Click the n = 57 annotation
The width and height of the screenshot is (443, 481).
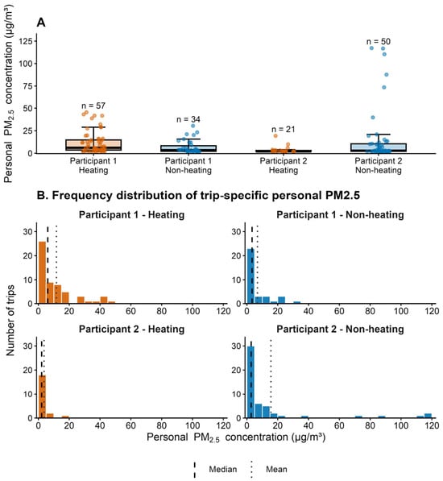[93, 106]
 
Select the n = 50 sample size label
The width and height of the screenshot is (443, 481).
[379, 41]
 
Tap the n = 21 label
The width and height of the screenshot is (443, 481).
[284, 130]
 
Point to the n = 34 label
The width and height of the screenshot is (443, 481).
[188, 119]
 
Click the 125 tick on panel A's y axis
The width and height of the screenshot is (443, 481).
[26, 41]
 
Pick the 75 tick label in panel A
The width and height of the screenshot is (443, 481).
[28, 86]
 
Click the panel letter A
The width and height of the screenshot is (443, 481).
[41, 23]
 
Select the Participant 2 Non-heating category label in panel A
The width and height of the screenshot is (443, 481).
[379, 165]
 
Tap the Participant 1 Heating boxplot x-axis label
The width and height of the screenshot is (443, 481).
[93, 165]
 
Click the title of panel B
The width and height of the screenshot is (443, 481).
[198, 196]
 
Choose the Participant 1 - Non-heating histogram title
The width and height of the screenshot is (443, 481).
[340, 215]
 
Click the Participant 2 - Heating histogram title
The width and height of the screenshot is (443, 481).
[131, 330]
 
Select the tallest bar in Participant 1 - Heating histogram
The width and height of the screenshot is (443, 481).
[42, 272]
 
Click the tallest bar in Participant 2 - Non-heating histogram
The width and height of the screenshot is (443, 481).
[250, 382]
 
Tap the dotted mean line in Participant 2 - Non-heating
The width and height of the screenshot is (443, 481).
[271, 379]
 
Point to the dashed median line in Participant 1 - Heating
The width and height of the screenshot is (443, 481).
[48, 264]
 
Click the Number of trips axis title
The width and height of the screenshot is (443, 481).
[10, 320]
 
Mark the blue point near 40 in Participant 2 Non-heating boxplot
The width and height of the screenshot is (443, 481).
[373, 118]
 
